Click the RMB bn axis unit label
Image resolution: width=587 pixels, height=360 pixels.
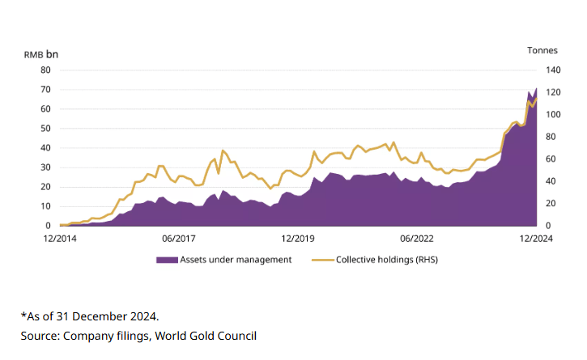pyautogui.click(x=40, y=53)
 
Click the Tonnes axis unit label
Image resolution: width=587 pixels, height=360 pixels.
pyautogui.click(x=542, y=50)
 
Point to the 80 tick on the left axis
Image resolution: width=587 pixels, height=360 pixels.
pyautogui.click(x=46, y=70)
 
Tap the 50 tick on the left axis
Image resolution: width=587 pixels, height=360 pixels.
pyautogui.click(x=46, y=129)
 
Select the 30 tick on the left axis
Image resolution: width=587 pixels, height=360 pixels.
pyautogui.click(x=46, y=167)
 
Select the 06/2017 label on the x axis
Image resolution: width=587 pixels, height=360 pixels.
pyautogui.click(x=179, y=239)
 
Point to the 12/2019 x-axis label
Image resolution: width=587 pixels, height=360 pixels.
pyautogui.click(x=298, y=239)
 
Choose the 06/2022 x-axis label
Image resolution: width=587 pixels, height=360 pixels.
pyautogui.click(x=417, y=239)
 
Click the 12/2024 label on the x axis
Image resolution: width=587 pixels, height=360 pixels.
pyautogui.click(x=536, y=239)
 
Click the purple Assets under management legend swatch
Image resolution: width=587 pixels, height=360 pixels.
pyautogui.click(x=166, y=260)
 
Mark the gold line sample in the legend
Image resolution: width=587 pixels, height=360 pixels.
pyautogui.click(x=321, y=260)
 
